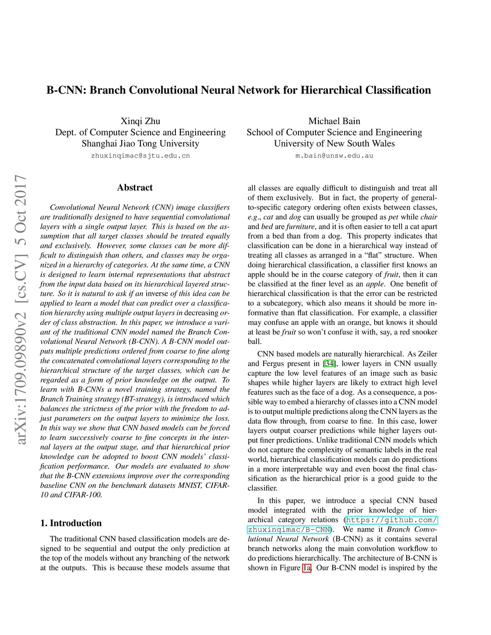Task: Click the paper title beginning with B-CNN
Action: [x=238, y=90]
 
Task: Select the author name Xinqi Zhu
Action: [x=140, y=121]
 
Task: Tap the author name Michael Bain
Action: [x=334, y=121]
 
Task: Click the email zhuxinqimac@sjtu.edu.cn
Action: [x=140, y=156]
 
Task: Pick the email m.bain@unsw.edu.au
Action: [x=334, y=156]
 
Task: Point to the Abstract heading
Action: [x=135, y=187]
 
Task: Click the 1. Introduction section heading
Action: [x=71, y=523]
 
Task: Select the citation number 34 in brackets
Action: [x=329, y=364]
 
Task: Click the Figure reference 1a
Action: [x=307, y=568]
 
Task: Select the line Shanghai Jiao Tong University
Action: [x=140, y=143]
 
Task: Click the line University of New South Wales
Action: [x=334, y=143]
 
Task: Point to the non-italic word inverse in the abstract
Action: [x=157, y=294]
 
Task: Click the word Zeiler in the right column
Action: [x=427, y=354]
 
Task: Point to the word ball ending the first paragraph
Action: [x=254, y=342]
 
